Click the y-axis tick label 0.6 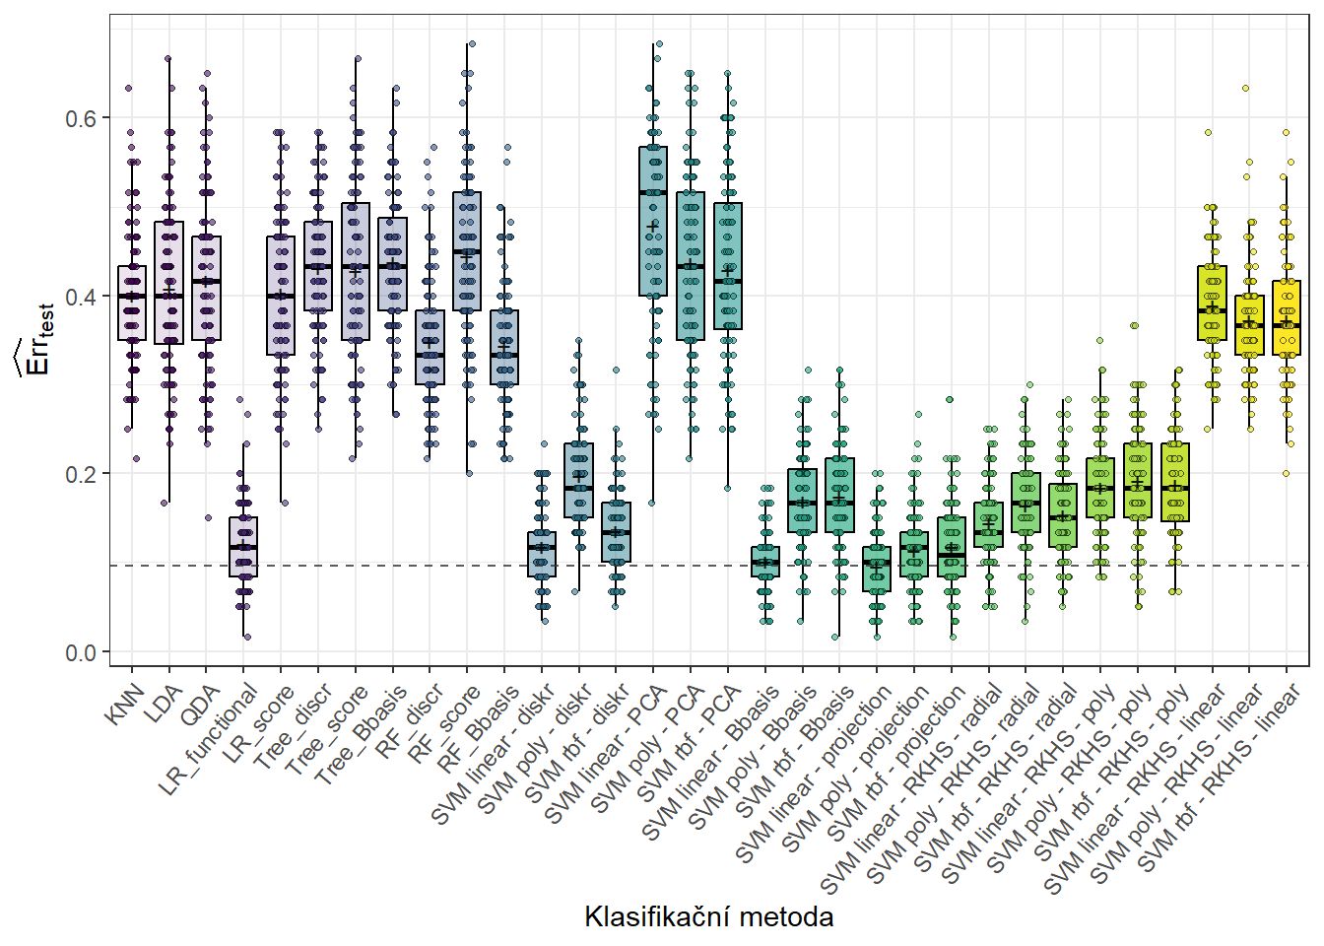81,118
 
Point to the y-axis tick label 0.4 81,297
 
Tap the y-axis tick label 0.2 81,474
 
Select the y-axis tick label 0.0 81,652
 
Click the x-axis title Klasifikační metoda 708,916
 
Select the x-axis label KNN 125,706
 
